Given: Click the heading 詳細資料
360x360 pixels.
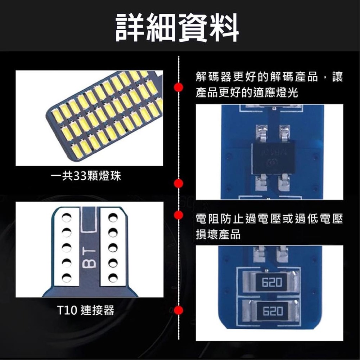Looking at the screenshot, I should click(177, 27).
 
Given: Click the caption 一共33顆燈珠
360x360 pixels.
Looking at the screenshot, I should click(86, 177).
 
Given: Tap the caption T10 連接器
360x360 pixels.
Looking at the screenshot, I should click(86, 310).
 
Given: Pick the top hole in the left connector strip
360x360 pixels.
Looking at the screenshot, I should click(66, 217).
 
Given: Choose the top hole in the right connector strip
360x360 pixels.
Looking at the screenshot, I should click(113, 217).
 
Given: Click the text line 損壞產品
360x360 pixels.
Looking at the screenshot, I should click(218, 234).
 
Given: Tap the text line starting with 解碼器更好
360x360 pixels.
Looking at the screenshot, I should click(269, 77).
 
